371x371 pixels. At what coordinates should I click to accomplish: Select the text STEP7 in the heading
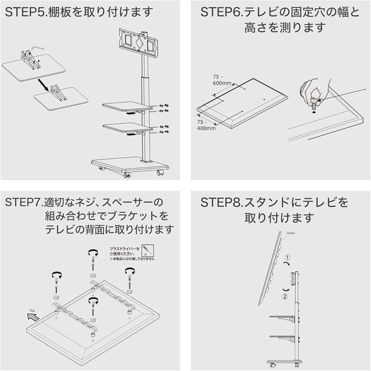pyautogui.click(x=23, y=203)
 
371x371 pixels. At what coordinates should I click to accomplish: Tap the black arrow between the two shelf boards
pyautogui.click(x=41, y=83)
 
